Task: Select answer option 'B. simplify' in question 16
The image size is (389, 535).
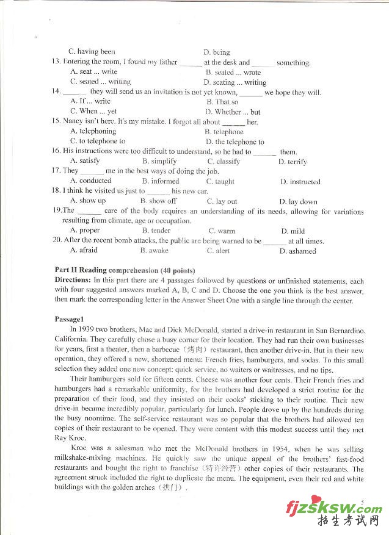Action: [159, 162]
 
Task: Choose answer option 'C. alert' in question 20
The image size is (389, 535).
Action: [218, 251]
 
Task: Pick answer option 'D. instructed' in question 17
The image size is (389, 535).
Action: [300, 182]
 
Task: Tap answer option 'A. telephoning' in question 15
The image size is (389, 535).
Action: [93, 131]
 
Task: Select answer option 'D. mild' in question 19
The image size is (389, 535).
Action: [293, 231]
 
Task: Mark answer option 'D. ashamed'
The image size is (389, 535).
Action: [297, 251]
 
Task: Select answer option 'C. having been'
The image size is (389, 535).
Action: [92, 52]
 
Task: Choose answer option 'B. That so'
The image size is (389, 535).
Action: [222, 102]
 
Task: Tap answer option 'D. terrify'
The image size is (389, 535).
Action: [293, 162]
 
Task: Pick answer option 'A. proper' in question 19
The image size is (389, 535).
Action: [85, 231]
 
